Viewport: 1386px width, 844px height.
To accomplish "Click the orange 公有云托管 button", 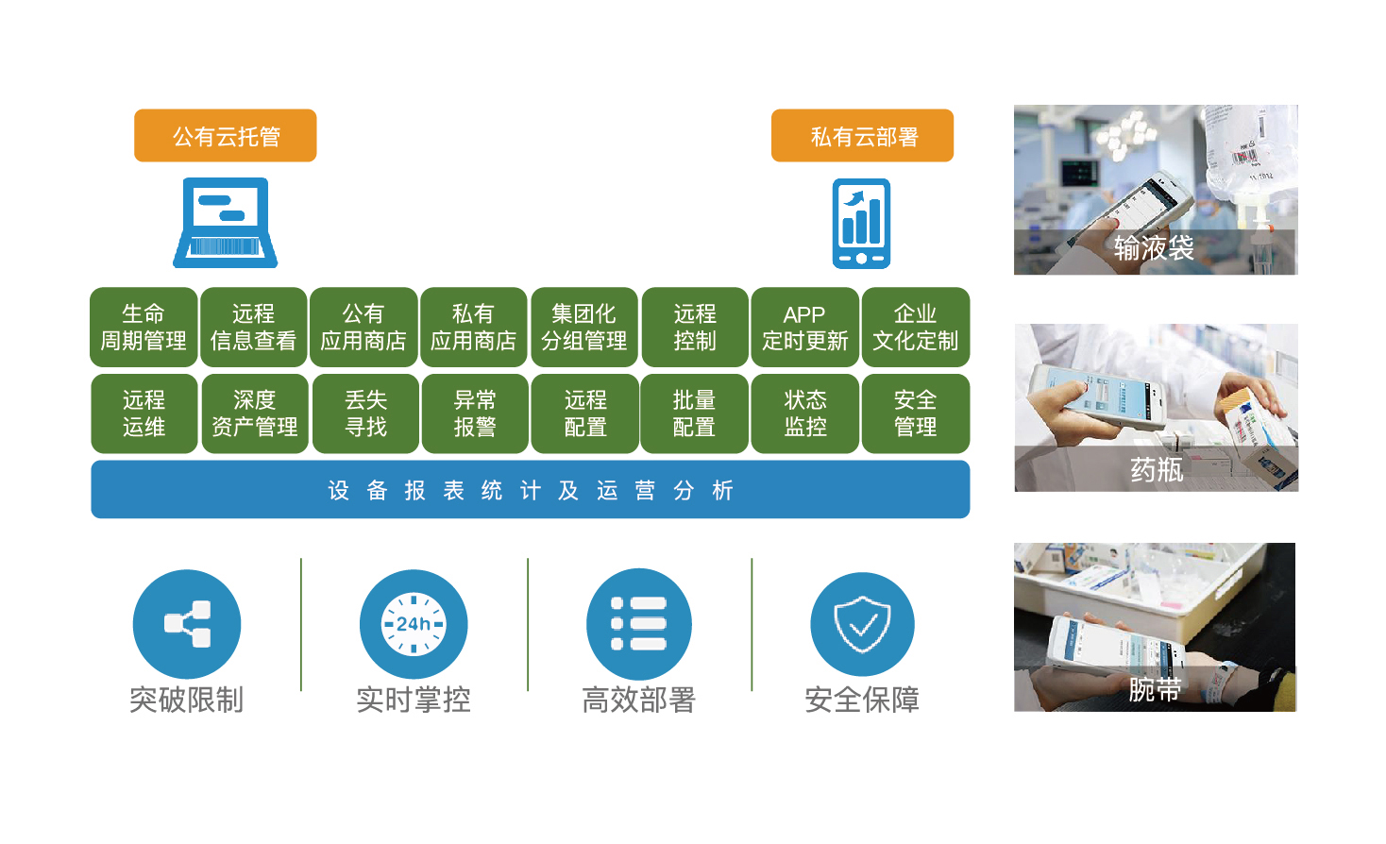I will click(225, 136).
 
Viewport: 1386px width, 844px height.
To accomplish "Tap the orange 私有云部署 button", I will click(862, 136).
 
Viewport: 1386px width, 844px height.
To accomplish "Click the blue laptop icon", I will click(225, 223).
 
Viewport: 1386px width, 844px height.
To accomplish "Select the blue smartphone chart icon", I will click(861, 224).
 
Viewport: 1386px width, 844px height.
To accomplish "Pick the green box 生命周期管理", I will click(144, 327).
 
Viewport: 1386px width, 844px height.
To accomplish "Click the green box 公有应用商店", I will click(363, 327).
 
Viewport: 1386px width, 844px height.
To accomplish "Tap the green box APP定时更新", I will click(804, 327).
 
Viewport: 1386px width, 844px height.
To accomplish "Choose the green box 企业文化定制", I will click(916, 327).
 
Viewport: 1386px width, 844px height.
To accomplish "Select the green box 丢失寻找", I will click(365, 414).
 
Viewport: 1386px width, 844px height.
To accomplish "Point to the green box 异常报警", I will click(475, 414).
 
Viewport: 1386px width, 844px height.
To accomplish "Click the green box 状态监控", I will click(804, 414).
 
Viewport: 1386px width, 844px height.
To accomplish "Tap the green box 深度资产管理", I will click(254, 414).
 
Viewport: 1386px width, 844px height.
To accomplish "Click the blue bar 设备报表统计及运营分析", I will click(530, 490).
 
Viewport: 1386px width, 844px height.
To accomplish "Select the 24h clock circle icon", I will click(414, 623).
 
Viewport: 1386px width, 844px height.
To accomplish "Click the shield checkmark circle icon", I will click(862, 623).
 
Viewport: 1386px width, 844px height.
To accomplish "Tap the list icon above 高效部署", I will click(639, 623).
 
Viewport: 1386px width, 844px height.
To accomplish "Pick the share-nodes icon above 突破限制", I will click(187, 623).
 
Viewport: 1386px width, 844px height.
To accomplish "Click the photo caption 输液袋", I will click(1154, 248).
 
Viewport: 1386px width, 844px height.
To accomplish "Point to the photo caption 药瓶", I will click(1157, 469).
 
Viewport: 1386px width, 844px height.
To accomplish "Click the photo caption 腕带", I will click(1155, 690).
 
